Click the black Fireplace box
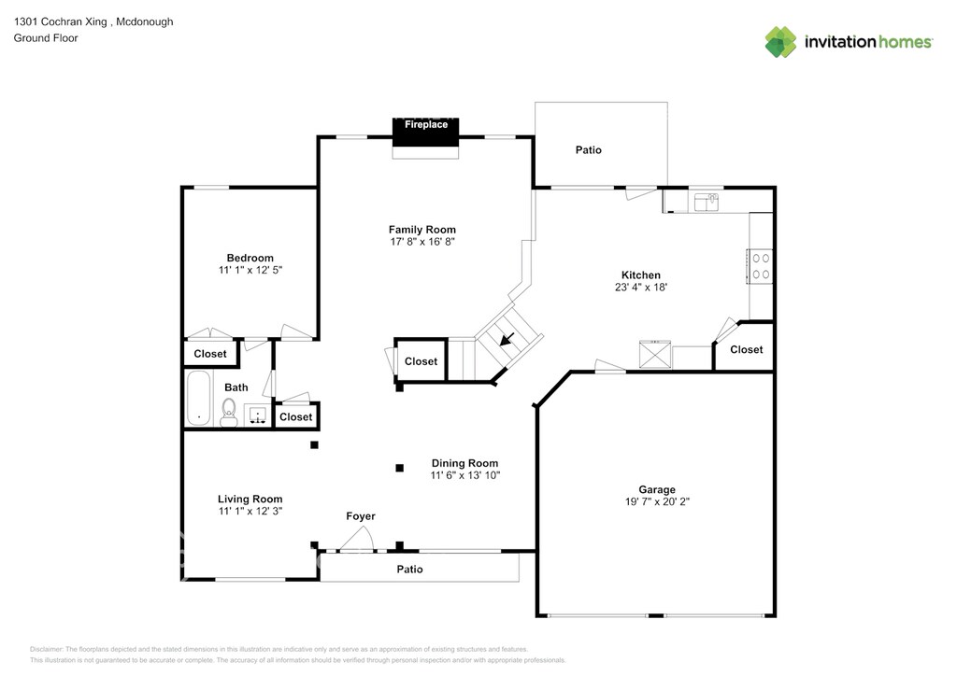click(x=425, y=132)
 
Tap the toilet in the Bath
click(x=229, y=413)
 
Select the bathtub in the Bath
click(x=198, y=398)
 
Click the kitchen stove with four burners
click(x=761, y=266)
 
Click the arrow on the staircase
click(x=507, y=339)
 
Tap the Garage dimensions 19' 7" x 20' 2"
click(x=657, y=501)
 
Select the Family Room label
click(x=422, y=230)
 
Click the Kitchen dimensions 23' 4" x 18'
click(x=641, y=287)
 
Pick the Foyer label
click(x=361, y=516)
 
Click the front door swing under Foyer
click(x=356, y=539)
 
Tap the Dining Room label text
click(x=465, y=463)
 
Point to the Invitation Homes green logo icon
click(x=780, y=42)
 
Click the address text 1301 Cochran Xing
click(x=61, y=22)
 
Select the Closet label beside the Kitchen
click(x=747, y=349)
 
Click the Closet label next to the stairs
click(x=421, y=361)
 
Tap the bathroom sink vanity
click(x=258, y=415)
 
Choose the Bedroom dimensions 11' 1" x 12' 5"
click(x=250, y=270)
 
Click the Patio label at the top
click(x=589, y=150)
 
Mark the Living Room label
click(x=250, y=500)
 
